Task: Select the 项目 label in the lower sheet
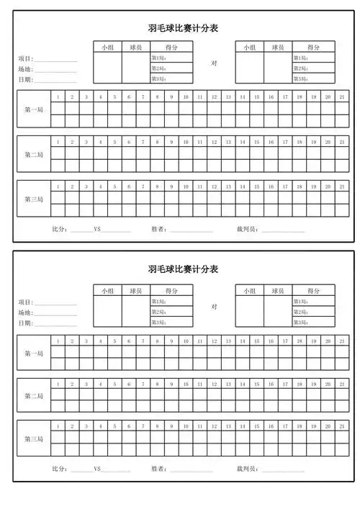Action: click(x=25, y=302)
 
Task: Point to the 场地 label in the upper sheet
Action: click(x=25, y=69)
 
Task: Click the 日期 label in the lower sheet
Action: click(x=25, y=323)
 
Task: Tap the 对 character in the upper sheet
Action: click(x=214, y=63)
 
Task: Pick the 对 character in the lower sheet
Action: click(x=214, y=306)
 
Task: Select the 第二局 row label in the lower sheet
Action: click(x=34, y=396)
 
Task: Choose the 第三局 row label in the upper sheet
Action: click(x=34, y=199)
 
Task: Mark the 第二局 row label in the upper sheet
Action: click(x=34, y=154)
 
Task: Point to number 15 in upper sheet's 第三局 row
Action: click(x=257, y=186)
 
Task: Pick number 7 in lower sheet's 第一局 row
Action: click(x=143, y=341)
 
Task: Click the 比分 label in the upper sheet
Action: click(x=60, y=230)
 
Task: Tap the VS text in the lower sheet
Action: click(x=97, y=469)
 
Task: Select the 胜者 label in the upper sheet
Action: click(x=159, y=230)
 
